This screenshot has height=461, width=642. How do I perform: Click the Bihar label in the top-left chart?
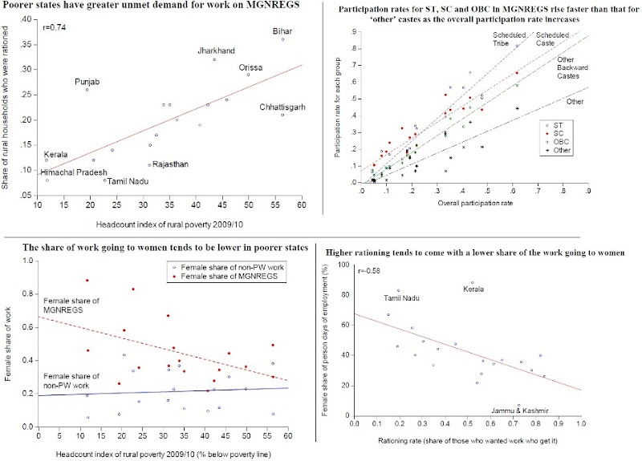point(282,30)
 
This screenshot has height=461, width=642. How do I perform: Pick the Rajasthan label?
point(170,164)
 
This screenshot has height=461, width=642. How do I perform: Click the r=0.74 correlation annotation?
point(52,26)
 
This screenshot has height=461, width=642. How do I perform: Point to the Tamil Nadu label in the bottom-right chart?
point(403,298)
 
